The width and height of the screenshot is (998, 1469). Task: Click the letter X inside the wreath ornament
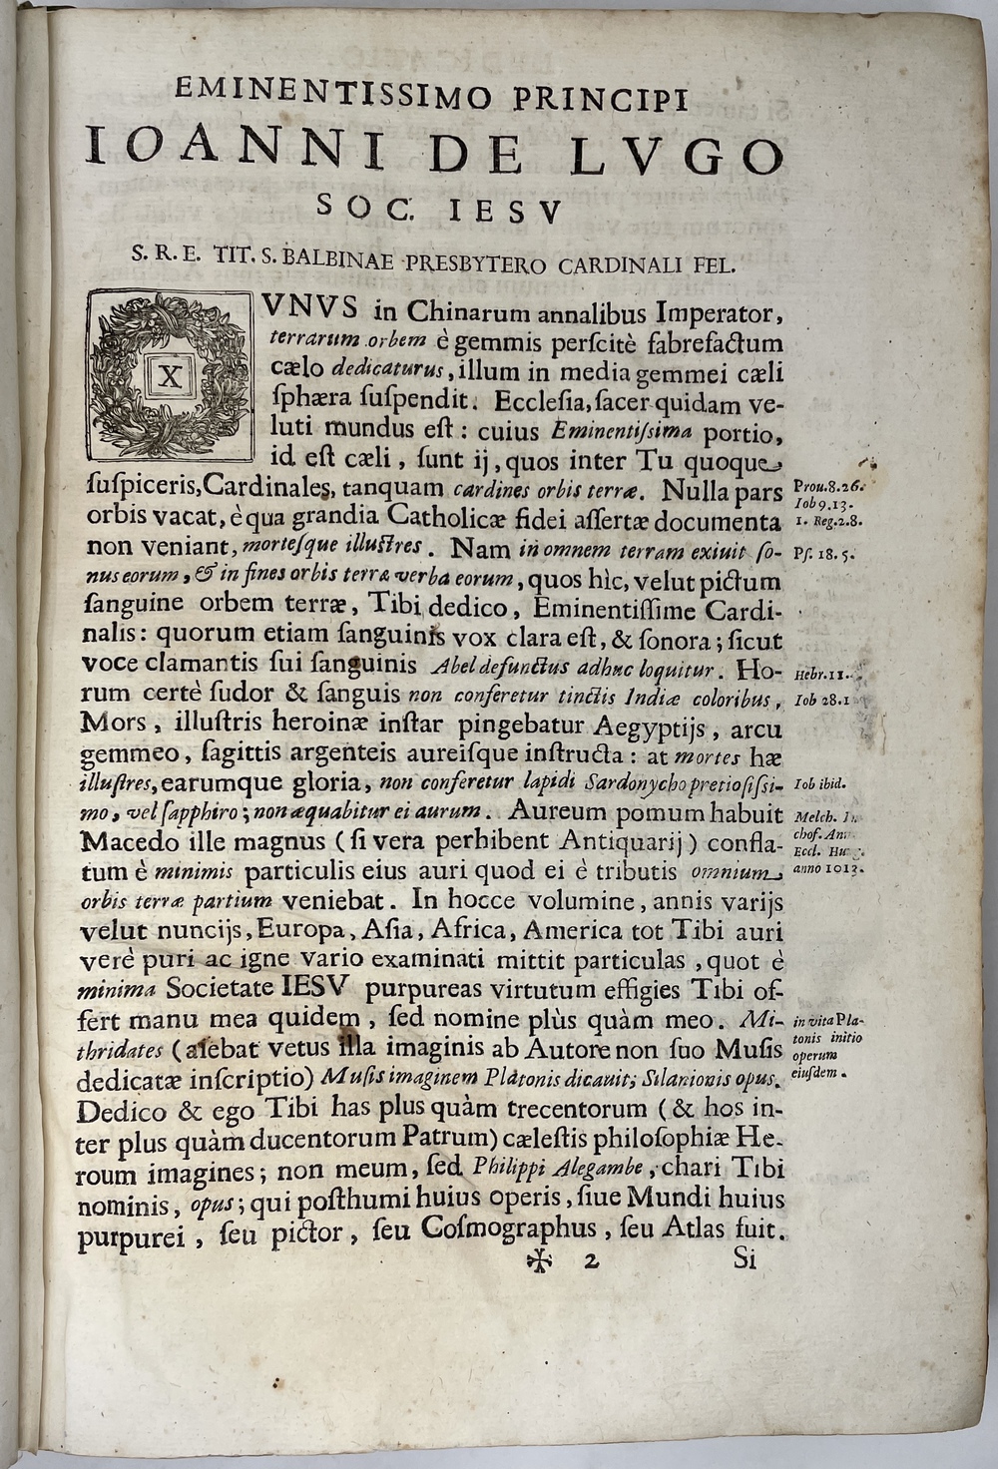tap(169, 376)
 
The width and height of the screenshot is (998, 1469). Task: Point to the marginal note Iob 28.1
tap(821, 701)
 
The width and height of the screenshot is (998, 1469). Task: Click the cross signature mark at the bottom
tap(540, 1260)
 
